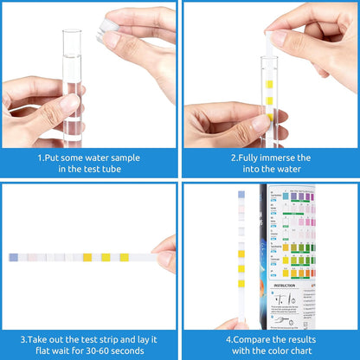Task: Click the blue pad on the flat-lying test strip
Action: [14, 257]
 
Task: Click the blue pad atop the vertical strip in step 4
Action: [241, 196]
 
